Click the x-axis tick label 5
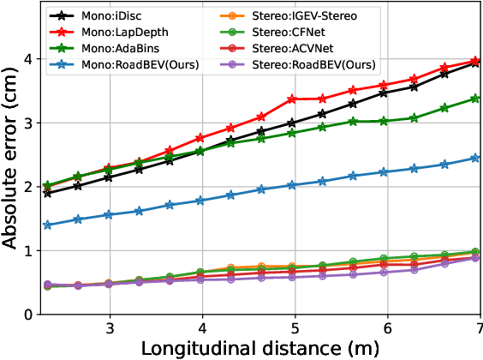point(295,330)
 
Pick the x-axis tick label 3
point(110,330)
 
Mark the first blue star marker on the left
point(47,225)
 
